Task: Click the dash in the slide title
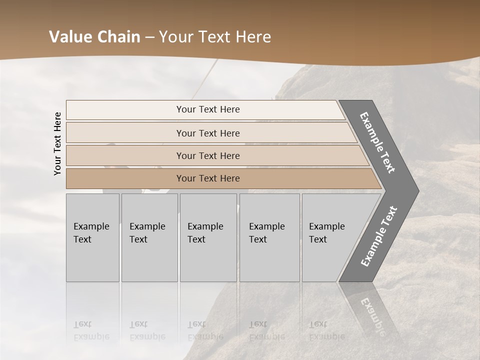click(149, 37)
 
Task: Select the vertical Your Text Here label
click(57, 143)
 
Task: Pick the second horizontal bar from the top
click(207, 133)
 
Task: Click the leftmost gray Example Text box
click(92, 237)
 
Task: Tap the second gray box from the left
click(149, 237)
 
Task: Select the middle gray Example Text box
click(208, 237)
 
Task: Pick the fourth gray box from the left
click(269, 237)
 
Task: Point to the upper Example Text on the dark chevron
click(377, 142)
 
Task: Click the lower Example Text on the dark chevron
click(379, 236)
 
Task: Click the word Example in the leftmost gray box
click(91, 226)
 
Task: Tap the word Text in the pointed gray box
click(318, 239)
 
